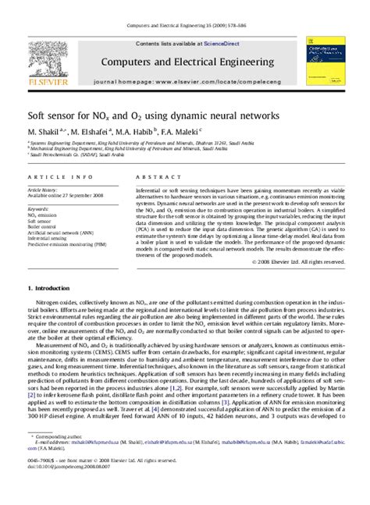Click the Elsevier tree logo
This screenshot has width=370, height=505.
(x=52, y=56)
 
